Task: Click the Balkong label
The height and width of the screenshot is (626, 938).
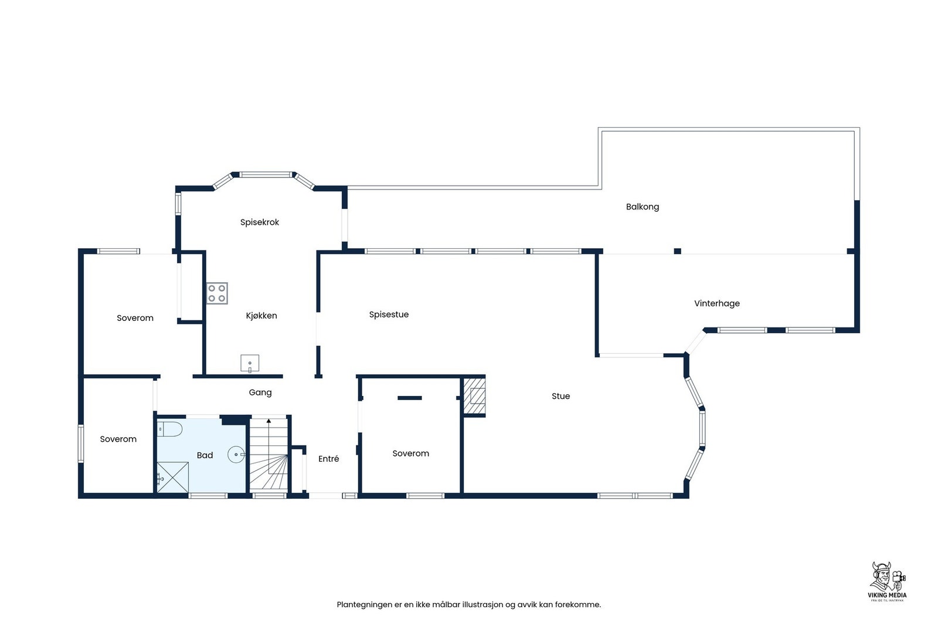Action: tap(642, 207)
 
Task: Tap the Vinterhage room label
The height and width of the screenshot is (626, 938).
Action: tap(716, 303)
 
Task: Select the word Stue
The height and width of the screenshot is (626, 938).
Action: tap(560, 396)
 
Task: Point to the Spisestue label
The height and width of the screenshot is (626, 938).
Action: tap(389, 314)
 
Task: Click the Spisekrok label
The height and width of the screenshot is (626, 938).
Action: tap(259, 222)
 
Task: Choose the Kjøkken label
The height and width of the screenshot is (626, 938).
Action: tap(261, 316)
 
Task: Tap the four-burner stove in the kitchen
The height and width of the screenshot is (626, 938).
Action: tap(217, 293)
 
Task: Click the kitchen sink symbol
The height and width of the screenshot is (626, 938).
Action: tap(250, 363)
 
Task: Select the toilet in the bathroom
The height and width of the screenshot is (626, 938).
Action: tap(169, 429)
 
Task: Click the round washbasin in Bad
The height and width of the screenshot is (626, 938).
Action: tap(236, 454)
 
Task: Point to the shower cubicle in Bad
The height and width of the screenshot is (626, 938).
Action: tap(173, 477)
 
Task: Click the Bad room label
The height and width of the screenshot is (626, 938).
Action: tap(205, 455)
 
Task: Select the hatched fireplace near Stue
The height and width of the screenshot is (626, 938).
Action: tap(475, 396)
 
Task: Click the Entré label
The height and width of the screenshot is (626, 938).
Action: tap(328, 459)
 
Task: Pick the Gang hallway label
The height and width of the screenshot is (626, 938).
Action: tap(260, 392)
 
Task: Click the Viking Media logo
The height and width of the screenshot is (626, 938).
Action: tap(887, 581)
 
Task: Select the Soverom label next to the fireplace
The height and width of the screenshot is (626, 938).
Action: tap(410, 454)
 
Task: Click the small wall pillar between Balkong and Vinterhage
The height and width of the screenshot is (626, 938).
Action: tap(677, 251)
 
